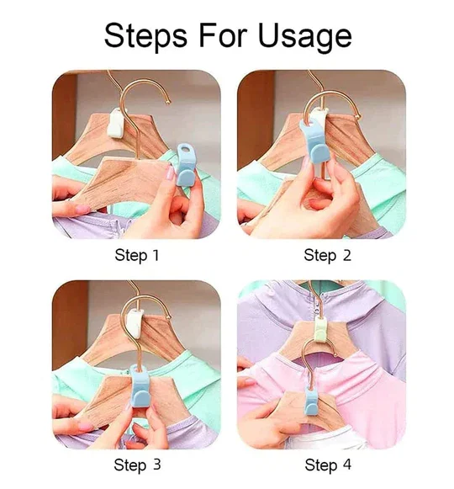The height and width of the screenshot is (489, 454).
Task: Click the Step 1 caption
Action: [x=136, y=255]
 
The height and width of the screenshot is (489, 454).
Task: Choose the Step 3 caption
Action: [x=136, y=465]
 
